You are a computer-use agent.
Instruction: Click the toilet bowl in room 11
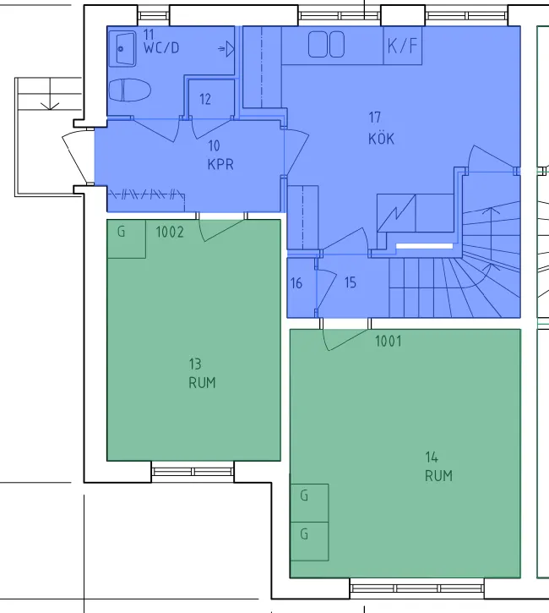(130, 90)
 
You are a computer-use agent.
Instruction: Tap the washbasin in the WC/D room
(123, 49)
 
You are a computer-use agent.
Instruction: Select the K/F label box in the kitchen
(403, 47)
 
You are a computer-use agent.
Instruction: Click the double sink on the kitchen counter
(326, 45)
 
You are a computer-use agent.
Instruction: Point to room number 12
(206, 99)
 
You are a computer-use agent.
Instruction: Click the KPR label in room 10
(220, 165)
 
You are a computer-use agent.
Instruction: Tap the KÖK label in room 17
(381, 139)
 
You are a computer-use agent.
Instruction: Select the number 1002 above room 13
(170, 232)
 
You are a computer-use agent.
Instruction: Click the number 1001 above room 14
(389, 342)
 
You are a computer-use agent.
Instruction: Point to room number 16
(296, 283)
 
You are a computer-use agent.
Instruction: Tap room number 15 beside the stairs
(350, 283)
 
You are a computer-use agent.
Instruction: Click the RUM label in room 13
(202, 382)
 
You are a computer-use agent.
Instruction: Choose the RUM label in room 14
(438, 476)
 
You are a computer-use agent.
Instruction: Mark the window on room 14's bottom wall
(416, 586)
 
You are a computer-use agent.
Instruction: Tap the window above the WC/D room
(154, 15)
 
